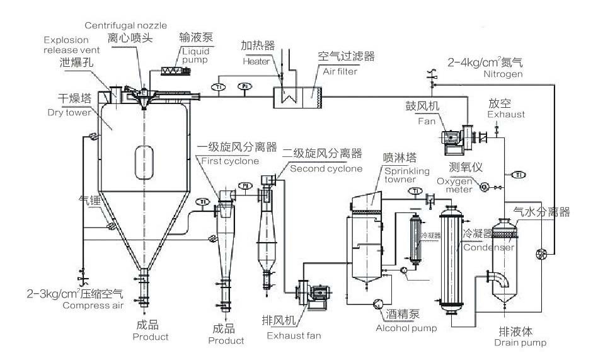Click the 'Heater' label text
pos(256,61)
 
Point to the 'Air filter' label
pos(340,71)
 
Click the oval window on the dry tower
pos(146,160)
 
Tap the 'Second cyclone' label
pos(326,168)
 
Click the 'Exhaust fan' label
pos(294,335)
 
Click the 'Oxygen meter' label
pos(459,185)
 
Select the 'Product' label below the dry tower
pos(151,337)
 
